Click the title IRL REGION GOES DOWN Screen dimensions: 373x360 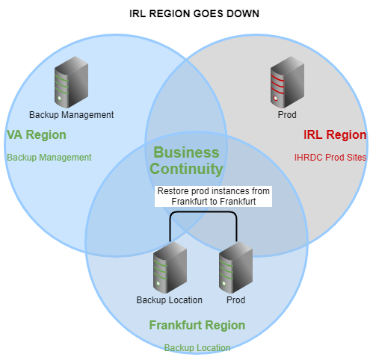coord(194,13)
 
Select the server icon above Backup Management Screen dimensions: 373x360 coord(71,82)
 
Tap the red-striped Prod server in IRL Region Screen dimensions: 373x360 coord(287,82)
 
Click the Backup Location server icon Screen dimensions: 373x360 coord(170,267)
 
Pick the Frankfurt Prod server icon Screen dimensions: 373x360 coord(235,267)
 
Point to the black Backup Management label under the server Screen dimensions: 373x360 coord(72,115)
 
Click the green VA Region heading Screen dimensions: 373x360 coord(37,135)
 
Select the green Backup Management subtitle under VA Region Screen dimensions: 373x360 coord(49,158)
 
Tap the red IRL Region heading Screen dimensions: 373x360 coord(335,135)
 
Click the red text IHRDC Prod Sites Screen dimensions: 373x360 coord(330,158)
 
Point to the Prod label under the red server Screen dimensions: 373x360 coord(287,115)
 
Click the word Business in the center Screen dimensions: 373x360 coord(186,152)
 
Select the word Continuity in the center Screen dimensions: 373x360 coord(186,169)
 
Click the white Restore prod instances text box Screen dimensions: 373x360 coord(213,196)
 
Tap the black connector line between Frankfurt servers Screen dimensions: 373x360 coord(203,212)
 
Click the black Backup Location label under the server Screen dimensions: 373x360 coord(170,300)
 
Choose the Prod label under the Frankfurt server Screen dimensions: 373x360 coord(236,300)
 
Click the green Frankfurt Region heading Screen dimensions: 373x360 coord(197,326)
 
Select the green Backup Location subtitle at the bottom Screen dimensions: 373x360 coord(197,348)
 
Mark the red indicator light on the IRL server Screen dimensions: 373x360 coord(276,99)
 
